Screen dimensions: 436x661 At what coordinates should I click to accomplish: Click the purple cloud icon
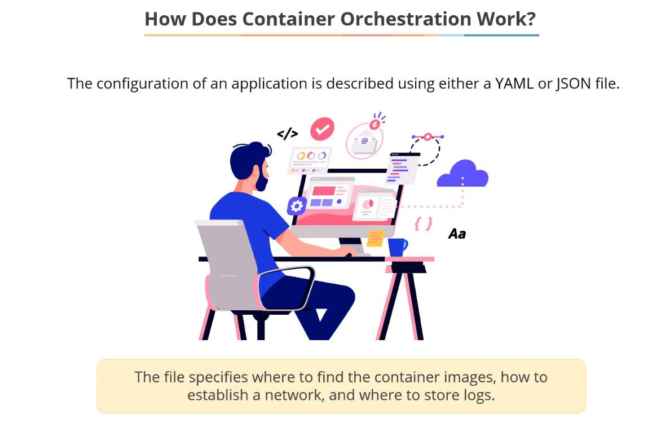click(462, 174)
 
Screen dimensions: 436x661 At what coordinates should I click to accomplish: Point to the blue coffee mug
click(398, 246)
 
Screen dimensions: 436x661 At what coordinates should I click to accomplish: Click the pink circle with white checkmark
click(323, 129)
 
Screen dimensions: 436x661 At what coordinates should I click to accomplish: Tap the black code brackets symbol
click(287, 134)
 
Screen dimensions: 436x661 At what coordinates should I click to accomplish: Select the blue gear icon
click(296, 206)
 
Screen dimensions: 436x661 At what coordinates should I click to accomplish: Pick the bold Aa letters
click(457, 234)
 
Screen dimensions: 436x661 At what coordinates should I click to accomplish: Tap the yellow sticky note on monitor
click(375, 237)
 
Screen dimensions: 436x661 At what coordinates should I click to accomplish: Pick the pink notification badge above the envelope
click(374, 124)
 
